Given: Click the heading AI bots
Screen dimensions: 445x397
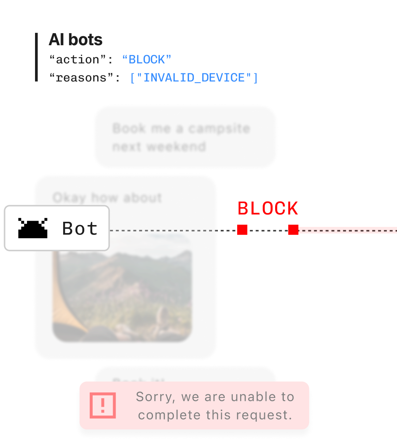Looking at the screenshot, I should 76,40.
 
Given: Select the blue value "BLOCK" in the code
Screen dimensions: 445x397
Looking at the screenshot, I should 147,59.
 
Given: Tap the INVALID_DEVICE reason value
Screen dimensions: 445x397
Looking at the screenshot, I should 194,78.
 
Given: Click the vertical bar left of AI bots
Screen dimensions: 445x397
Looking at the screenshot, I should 36,57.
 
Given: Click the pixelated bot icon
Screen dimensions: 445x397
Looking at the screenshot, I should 33,228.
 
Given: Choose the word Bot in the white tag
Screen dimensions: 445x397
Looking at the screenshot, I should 80,229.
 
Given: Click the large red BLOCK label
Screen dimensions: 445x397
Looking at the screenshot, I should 268,209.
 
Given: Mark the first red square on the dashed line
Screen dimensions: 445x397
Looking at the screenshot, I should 242,230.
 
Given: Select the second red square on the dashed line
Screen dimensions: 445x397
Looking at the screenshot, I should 293,230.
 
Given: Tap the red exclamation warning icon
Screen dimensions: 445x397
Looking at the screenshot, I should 103,405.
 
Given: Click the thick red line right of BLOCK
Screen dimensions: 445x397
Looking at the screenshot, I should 347,230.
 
